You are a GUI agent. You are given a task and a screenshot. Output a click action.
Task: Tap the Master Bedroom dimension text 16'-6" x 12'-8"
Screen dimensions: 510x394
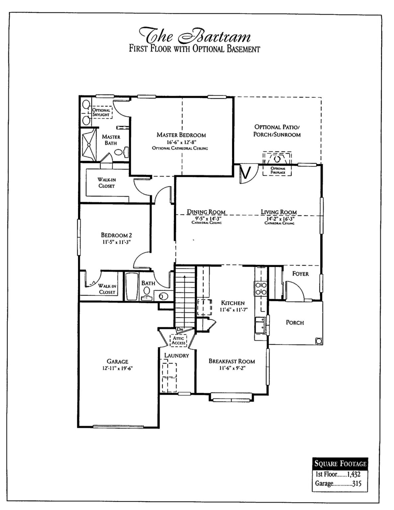(x=181, y=142)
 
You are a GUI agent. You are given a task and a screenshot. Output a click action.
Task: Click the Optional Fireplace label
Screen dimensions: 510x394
(x=277, y=170)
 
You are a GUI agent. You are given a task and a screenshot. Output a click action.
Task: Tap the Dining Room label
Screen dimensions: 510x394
(x=206, y=212)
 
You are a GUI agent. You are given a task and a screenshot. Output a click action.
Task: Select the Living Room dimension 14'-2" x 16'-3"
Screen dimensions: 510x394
(x=279, y=219)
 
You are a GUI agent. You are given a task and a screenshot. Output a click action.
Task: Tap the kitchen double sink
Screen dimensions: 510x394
(x=260, y=324)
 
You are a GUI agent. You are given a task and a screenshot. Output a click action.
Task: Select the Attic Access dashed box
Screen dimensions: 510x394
(x=179, y=340)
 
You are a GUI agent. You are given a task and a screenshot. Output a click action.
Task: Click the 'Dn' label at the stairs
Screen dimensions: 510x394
(x=180, y=329)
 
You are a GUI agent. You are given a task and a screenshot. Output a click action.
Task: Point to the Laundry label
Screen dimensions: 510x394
(x=177, y=355)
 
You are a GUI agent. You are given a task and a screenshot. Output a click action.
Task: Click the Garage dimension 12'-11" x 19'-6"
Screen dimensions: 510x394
(x=118, y=368)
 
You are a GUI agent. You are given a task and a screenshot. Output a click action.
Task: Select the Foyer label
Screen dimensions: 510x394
(x=300, y=274)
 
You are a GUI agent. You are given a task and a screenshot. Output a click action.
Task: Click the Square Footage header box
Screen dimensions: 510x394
(x=340, y=464)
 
